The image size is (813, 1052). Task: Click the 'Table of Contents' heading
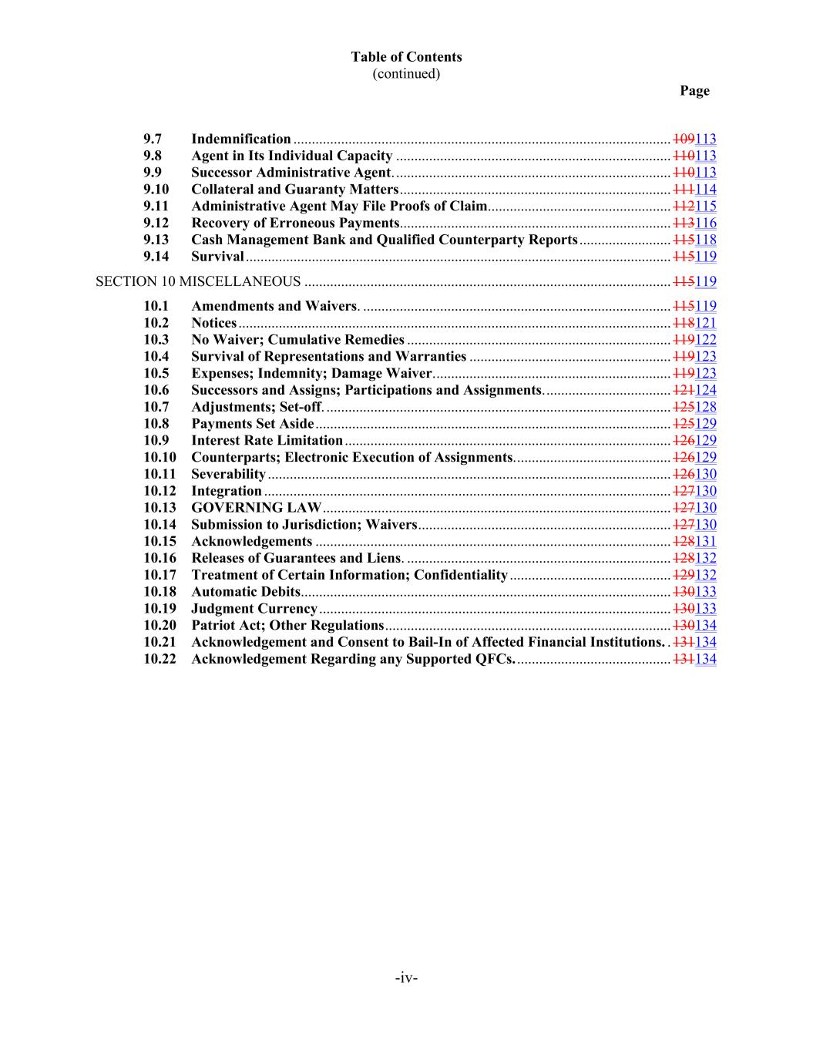tap(406, 57)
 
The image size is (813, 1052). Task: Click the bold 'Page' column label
tap(694, 91)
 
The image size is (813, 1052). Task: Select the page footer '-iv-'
tap(406, 978)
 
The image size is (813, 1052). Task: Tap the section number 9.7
tap(153, 139)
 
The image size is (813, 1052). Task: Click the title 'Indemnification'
tap(241, 139)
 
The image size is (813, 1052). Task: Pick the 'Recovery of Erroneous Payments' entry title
tap(295, 223)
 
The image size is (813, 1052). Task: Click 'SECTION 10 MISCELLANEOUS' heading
tap(198, 281)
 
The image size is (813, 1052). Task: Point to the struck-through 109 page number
tap(684, 139)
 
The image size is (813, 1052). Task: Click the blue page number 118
tap(706, 240)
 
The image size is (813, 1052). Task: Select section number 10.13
tap(160, 507)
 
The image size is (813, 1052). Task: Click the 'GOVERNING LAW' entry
tap(256, 507)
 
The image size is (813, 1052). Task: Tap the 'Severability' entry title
tap(228, 474)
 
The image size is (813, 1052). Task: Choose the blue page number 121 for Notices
tap(706, 323)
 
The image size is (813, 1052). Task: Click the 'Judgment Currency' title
tap(254, 608)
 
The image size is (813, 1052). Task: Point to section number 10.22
tap(160, 659)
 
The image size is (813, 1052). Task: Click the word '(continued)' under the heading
tap(406, 74)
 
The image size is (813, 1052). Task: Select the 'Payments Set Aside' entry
tap(253, 424)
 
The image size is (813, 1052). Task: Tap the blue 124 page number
tap(706, 390)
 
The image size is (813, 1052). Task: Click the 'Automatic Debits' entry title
tap(246, 592)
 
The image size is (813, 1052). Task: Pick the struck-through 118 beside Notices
tap(684, 323)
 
